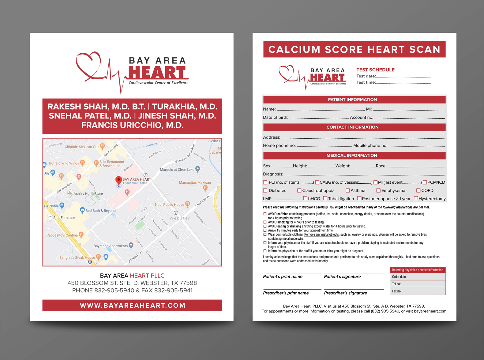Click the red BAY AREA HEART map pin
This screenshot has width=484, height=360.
click(118, 180)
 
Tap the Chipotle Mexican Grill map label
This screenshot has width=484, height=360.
click(82, 147)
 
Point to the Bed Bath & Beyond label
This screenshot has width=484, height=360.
click(100, 211)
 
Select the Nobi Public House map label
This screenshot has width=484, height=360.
click(169, 204)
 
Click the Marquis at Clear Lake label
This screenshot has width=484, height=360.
click(177, 170)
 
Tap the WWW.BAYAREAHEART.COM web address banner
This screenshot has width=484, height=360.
click(132, 306)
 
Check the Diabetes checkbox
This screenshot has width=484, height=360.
click(265, 190)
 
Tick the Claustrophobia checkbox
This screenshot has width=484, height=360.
click(299, 190)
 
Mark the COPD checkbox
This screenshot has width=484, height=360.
click(418, 190)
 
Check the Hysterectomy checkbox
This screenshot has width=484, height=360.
click(416, 198)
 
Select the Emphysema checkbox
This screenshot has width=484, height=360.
click(378, 190)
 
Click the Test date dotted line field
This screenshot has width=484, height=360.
click(403, 77)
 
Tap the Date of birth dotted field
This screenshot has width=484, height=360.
click(319, 118)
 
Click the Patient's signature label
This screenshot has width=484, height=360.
click(342, 276)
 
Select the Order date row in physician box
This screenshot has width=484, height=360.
click(418, 277)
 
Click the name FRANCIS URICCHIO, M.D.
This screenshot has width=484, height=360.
click(132, 125)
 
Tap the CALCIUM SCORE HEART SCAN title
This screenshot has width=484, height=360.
click(354, 49)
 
